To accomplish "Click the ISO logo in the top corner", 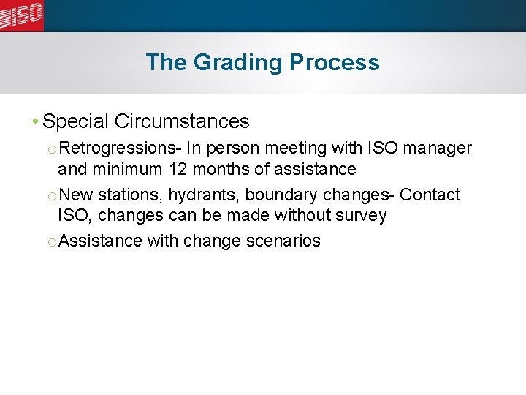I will (x=22, y=15).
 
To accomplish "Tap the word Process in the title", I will (x=335, y=63).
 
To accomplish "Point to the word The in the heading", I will (x=167, y=63).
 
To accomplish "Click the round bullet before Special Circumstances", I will (x=36, y=121).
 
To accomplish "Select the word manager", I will (x=438, y=148).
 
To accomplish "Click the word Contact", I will (x=430, y=195).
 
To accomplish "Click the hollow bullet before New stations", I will (x=51, y=196).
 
